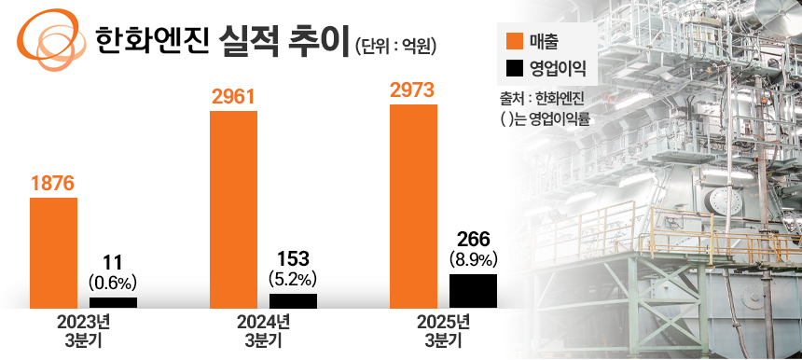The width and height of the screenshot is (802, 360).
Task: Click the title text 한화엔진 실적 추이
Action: pyautogui.click(x=223, y=40)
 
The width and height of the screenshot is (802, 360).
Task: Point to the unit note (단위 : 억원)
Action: pyautogui.click(x=396, y=44)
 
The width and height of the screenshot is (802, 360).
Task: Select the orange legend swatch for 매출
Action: pyautogui.click(x=512, y=41)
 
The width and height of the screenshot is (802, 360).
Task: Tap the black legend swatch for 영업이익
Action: pyautogui.click(x=512, y=68)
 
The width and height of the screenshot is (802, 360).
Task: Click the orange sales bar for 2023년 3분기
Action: pyautogui.click(x=53, y=252)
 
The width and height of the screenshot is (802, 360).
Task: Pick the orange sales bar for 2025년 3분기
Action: pyautogui.click(x=413, y=206)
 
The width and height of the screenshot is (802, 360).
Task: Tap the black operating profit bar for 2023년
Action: pyautogui.click(x=113, y=302)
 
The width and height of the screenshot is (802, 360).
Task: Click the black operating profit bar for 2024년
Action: pyautogui.click(x=293, y=300)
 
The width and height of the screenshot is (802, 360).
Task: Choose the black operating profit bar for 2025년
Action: pyautogui.click(x=473, y=290)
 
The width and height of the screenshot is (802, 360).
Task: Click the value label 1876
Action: pyautogui.click(x=52, y=184)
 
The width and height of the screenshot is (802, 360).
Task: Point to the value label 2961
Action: pyautogui.click(x=233, y=96)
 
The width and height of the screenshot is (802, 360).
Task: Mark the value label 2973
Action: pyautogui.click(x=413, y=90)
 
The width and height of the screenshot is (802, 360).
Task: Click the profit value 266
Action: pyautogui.click(x=473, y=240)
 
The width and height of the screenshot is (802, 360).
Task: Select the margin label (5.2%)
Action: pyautogui.click(x=293, y=278)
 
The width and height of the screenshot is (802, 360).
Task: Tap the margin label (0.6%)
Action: pyautogui.click(x=113, y=280)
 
